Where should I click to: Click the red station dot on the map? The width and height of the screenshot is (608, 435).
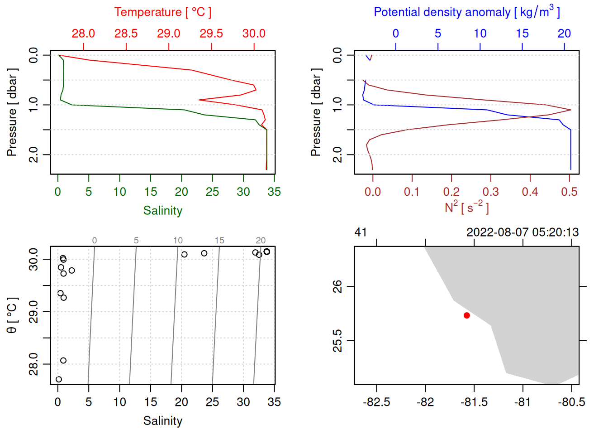[466, 315]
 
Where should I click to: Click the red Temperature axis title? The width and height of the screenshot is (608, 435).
[162, 12]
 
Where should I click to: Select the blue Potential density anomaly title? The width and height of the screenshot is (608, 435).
[466, 12]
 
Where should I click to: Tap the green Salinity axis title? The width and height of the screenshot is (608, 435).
[162, 211]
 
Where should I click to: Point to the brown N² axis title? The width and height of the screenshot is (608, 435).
[466, 208]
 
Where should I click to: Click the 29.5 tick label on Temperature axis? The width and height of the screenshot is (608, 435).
[211, 34]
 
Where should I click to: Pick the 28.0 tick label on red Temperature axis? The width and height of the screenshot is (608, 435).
[83, 34]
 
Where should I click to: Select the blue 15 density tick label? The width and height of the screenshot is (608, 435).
[522, 34]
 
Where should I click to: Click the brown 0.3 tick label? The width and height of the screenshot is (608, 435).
[490, 192]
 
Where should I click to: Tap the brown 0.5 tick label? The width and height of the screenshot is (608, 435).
[569, 192]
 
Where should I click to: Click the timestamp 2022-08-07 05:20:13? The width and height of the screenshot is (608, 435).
[522, 232]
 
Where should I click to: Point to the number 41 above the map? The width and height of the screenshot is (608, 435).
[361, 232]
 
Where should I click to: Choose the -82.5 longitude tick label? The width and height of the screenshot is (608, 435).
[376, 402]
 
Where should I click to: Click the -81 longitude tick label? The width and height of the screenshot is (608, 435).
[522, 402]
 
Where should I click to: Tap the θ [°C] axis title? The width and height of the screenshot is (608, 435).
[12, 315]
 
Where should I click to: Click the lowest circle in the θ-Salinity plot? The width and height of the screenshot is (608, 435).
[58, 379]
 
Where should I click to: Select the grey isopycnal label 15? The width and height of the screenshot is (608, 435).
[219, 241]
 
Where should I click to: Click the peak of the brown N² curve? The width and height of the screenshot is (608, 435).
[571, 110]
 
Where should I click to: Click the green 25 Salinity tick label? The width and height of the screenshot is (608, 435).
[212, 192]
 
